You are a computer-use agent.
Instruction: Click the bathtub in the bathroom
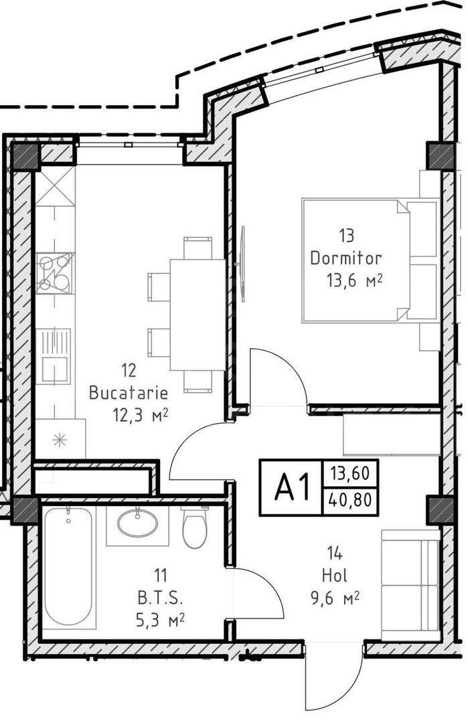(x=68, y=566)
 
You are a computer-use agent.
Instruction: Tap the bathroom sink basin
(x=138, y=523)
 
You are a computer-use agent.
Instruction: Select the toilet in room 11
(x=195, y=528)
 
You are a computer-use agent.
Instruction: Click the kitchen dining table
(x=197, y=314)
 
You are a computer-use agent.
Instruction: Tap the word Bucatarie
(x=128, y=392)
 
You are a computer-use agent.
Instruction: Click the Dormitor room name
(x=345, y=258)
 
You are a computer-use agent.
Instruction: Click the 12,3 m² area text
(x=140, y=415)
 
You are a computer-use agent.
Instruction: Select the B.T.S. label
(x=159, y=596)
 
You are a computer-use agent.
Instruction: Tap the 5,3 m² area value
(x=159, y=619)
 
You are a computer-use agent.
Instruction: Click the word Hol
(x=335, y=574)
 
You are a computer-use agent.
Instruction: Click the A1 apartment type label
(x=292, y=488)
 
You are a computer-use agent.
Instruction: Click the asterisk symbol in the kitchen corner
(x=60, y=440)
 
